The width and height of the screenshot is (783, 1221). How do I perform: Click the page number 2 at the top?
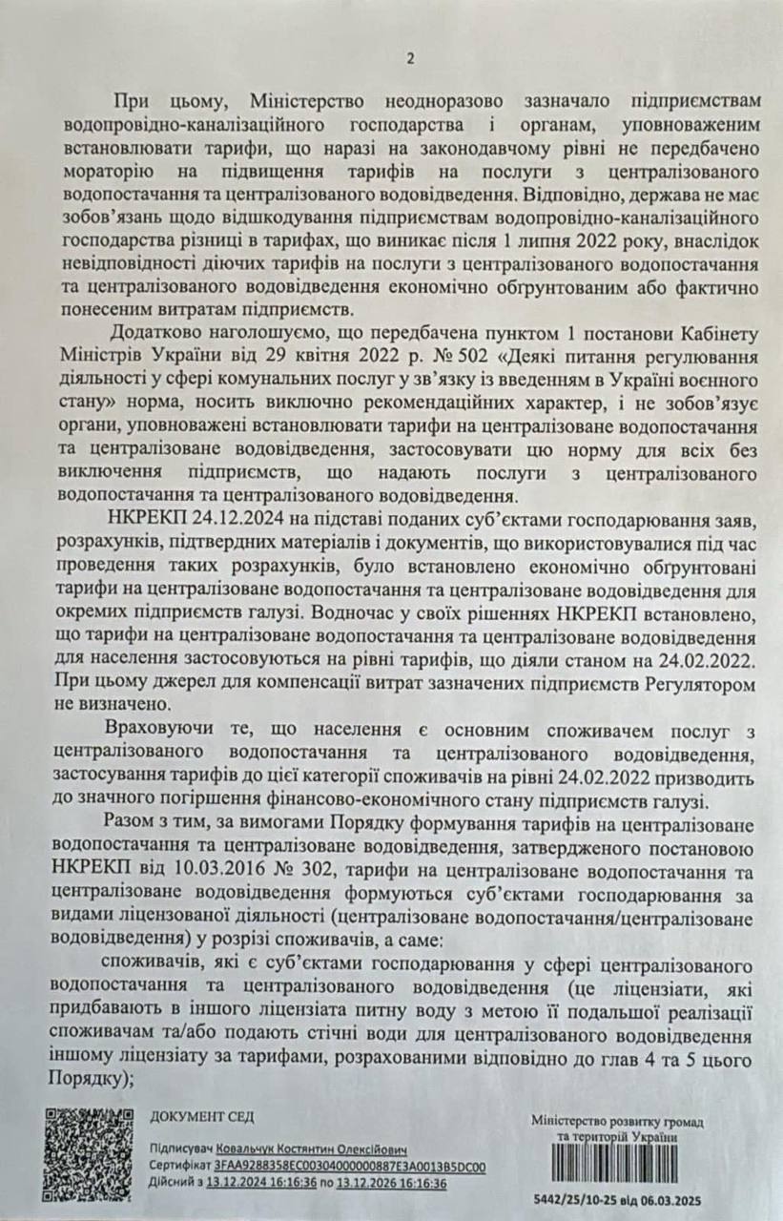pyautogui.click(x=411, y=59)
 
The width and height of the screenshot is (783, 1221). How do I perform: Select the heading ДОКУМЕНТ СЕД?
pyautogui.click(x=202, y=1117)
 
